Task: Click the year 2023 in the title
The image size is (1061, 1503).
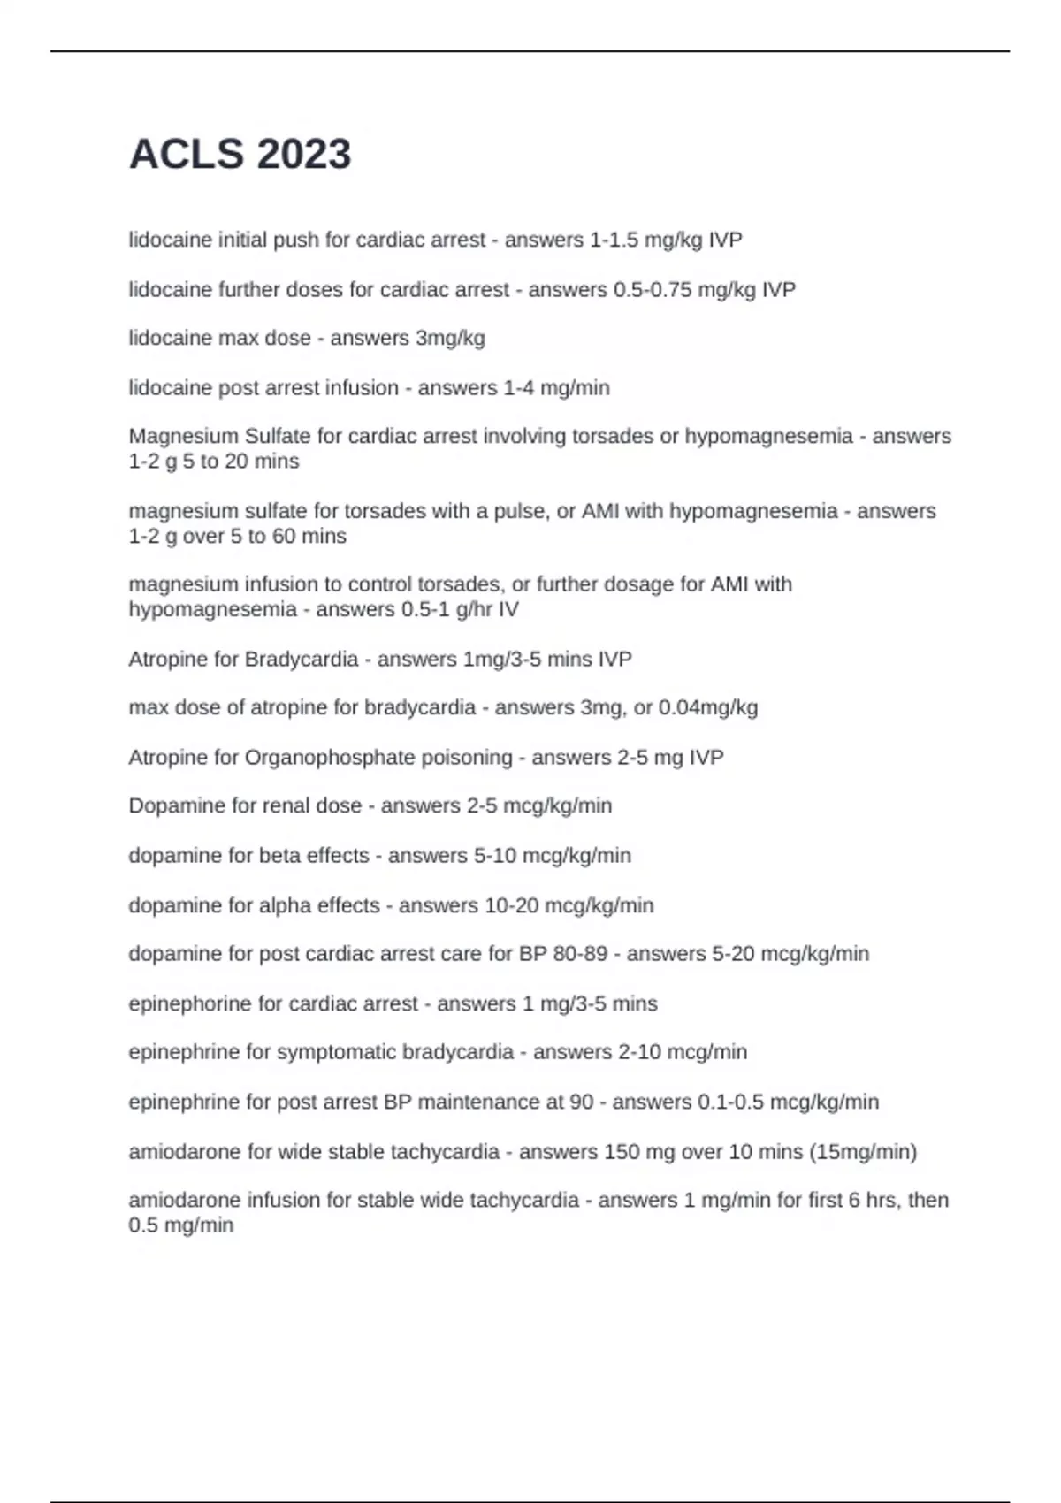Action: (x=303, y=154)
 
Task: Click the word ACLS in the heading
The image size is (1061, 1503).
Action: (x=187, y=154)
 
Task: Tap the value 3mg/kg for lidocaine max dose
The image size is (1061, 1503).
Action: (x=450, y=338)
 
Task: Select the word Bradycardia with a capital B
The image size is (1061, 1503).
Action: (x=302, y=659)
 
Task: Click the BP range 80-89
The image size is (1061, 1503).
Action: (x=580, y=954)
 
